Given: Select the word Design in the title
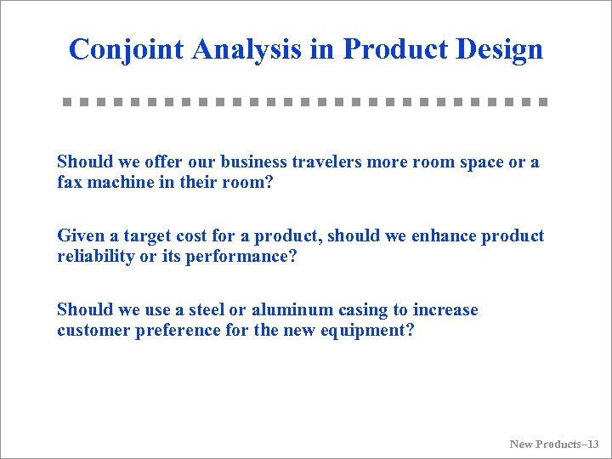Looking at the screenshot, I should [x=499, y=49].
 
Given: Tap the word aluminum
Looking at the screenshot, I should [x=286, y=310].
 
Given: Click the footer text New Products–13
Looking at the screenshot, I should [x=554, y=444].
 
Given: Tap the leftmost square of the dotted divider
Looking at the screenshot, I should [x=66, y=102].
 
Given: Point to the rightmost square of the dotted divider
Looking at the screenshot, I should [x=542, y=102].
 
